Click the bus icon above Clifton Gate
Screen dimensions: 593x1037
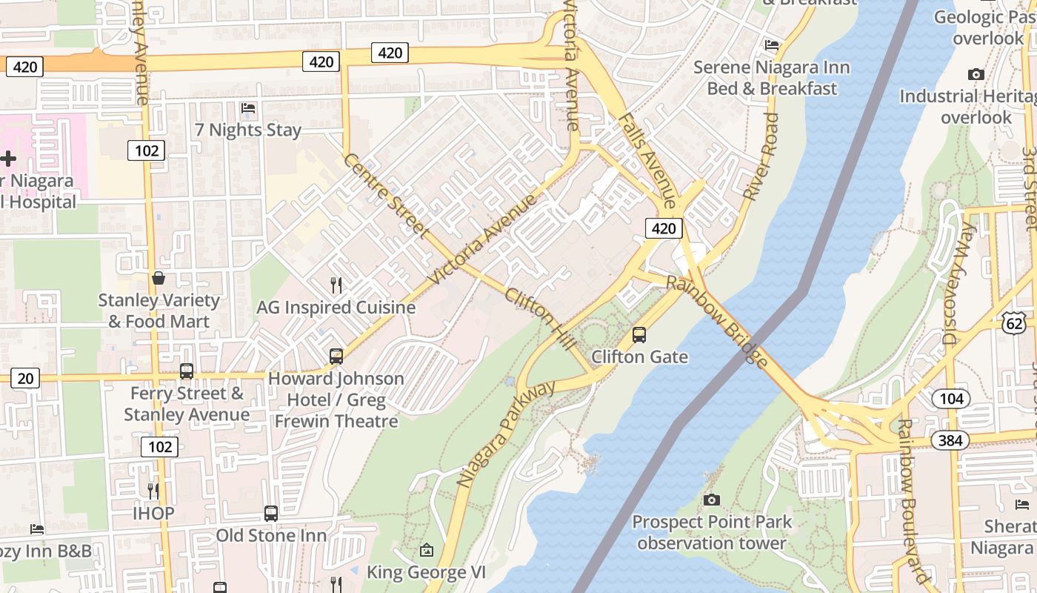[639, 335]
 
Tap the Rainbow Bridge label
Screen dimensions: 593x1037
[716, 321]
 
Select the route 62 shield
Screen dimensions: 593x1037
[1015, 321]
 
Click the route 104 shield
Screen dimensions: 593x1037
[951, 399]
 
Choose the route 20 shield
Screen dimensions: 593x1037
[24, 379]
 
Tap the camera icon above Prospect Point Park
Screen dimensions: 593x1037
[711, 500]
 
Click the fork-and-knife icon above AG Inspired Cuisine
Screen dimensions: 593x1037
[336, 285]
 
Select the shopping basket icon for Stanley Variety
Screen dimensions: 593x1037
[158, 279]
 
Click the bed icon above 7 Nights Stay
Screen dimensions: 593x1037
[248, 108]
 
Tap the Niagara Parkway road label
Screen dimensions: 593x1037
[506, 434]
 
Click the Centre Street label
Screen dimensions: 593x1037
[386, 196]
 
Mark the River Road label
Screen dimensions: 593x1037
[762, 156]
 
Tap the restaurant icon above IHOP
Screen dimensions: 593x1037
[153, 491]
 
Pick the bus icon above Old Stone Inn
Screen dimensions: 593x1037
[271, 513]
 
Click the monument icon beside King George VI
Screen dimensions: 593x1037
[426, 550]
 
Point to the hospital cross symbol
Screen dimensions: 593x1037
[8, 159]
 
